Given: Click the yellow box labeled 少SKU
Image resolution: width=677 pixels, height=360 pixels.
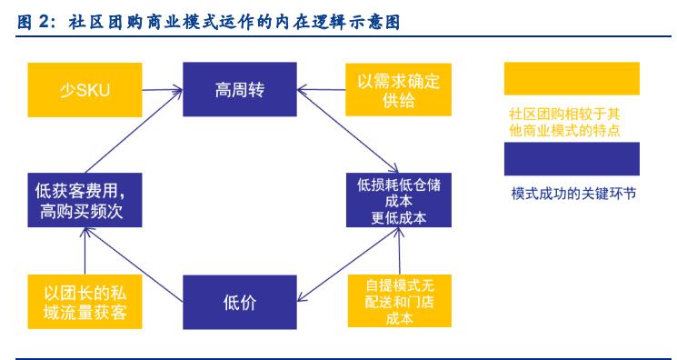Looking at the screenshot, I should [x=84, y=89].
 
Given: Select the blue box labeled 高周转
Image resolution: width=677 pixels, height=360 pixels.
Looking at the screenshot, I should [x=240, y=89].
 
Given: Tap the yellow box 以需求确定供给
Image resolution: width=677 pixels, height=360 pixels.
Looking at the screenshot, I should [x=398, y=89].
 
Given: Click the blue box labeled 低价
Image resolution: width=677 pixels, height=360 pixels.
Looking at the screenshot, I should [x=240, y=302].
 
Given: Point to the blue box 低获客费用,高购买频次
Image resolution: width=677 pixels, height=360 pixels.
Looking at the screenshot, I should [x=83, y=201].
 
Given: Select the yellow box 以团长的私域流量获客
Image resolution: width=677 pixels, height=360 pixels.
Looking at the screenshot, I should [x=83, y=302].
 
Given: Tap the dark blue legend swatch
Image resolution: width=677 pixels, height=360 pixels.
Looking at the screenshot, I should [x=572, y=158].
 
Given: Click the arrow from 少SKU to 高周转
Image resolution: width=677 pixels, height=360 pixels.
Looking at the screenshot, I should [x=161, y=89].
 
